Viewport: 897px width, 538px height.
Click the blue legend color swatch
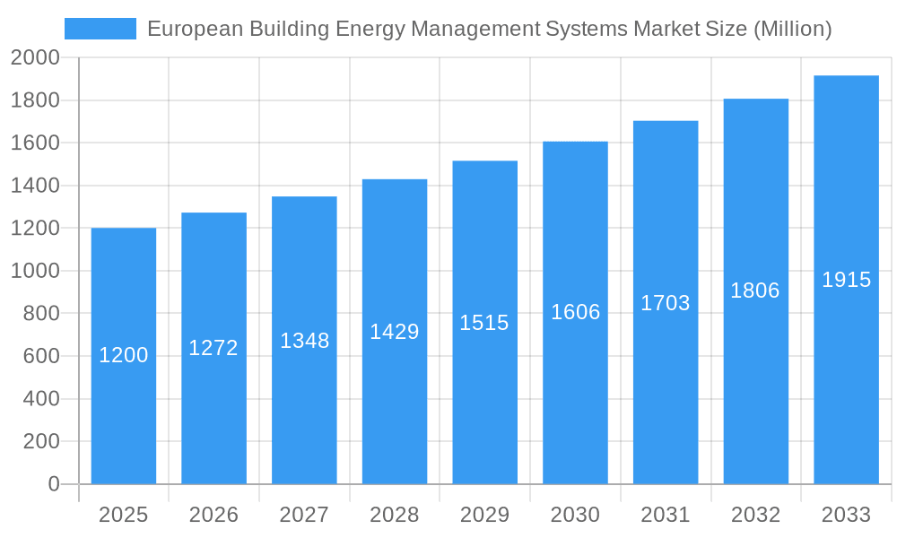tap(100, 29)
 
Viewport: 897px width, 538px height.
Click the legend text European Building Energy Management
tap(489, 29)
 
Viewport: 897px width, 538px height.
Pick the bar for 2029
tap(484, 323)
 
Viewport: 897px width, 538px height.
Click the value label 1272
tap(213, 348)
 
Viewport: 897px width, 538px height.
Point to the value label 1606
tap(575, 312)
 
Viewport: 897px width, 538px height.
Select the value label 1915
tap(846, 280)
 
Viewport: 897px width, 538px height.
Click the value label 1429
tap(395, 332)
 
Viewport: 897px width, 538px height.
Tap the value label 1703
tap(666, 303)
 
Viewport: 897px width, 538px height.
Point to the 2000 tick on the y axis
tap(35, 58)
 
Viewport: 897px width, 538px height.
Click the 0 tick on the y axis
tap(53, 484)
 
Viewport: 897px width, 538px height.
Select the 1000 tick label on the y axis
tap(35, 271)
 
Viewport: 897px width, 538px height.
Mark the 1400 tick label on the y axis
tap(35, 186)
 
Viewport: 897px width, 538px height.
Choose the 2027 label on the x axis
tap(304, 515)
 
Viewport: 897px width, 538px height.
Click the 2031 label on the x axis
tap(666, 515)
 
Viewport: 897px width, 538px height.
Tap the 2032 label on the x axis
tap(755, 515)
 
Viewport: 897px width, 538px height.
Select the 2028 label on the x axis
tap(395, 515)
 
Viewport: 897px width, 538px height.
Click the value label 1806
tap(755, 291)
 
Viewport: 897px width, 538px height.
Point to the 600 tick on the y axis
tap(40, 356)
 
